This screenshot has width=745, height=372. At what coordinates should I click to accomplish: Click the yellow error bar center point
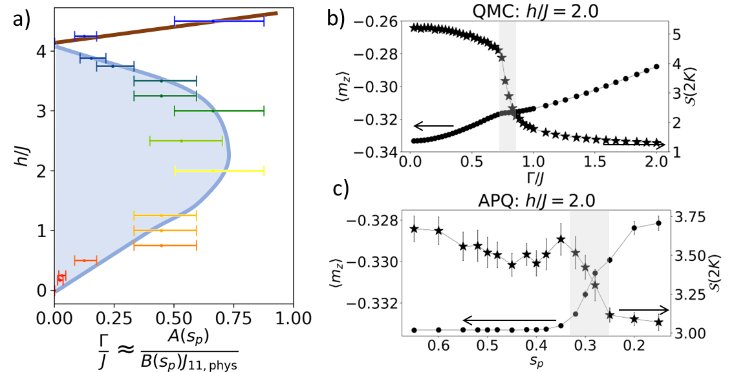point(213,171)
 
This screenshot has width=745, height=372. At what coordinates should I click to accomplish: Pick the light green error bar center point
point(181,141)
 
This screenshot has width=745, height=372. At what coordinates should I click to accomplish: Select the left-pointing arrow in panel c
point(508,320)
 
